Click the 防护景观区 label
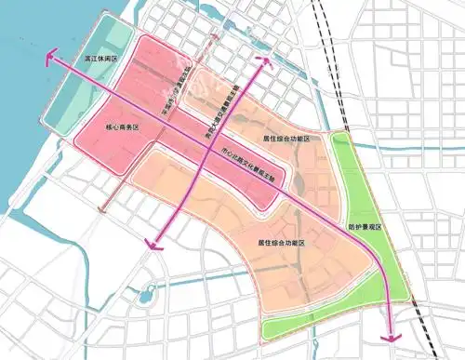click(365, 225)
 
